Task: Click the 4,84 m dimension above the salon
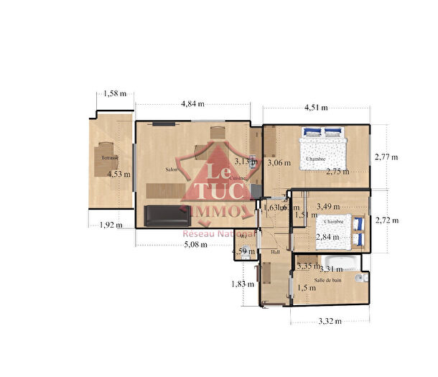pyautogui.click(x=192, y=104)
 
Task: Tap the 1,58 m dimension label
pyautogui.click(x=114, y=93)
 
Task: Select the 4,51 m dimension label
pyautogui.click(x=316, y=108)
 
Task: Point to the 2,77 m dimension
pyautogui.click(x=386, y=157)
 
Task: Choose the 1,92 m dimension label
pyautogui.click(x=109, y=225)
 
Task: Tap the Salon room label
pyautogui.click(x=172, y=169)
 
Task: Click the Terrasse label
pyautogui.click(x=109, y=157)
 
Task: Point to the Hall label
pyautogui.click(x=275, y=252)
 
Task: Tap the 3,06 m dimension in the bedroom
pyautogui.click(x=279, y=163)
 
